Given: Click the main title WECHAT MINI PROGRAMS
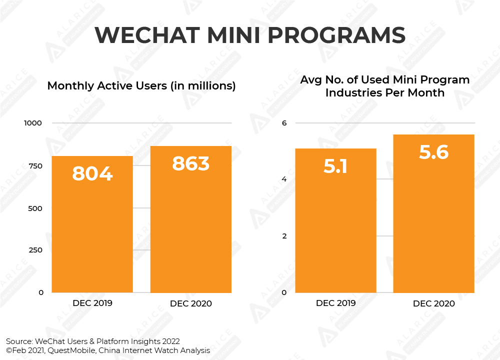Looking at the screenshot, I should (x=249, y=35).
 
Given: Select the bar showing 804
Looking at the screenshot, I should (x=92, y=225).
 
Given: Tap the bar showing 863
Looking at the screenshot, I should (x=191, y=220).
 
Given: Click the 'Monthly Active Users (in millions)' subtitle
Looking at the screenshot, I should (x=141, y=85).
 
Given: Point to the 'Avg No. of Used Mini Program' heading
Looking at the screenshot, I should (x=384, y=80).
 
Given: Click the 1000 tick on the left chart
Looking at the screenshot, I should (x=34, y=123).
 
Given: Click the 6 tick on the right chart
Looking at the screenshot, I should (x=284, y=123).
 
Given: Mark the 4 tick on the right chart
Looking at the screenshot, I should (x=284, y=179).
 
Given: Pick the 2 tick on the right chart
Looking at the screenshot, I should (x=284, y=236).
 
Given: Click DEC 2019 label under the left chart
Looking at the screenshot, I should (x=92, y=303).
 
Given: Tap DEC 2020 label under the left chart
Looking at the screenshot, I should (x=191, y=303).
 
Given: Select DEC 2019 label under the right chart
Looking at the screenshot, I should (x=335, y=303).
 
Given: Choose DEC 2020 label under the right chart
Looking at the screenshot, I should (x=434, y=303).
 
